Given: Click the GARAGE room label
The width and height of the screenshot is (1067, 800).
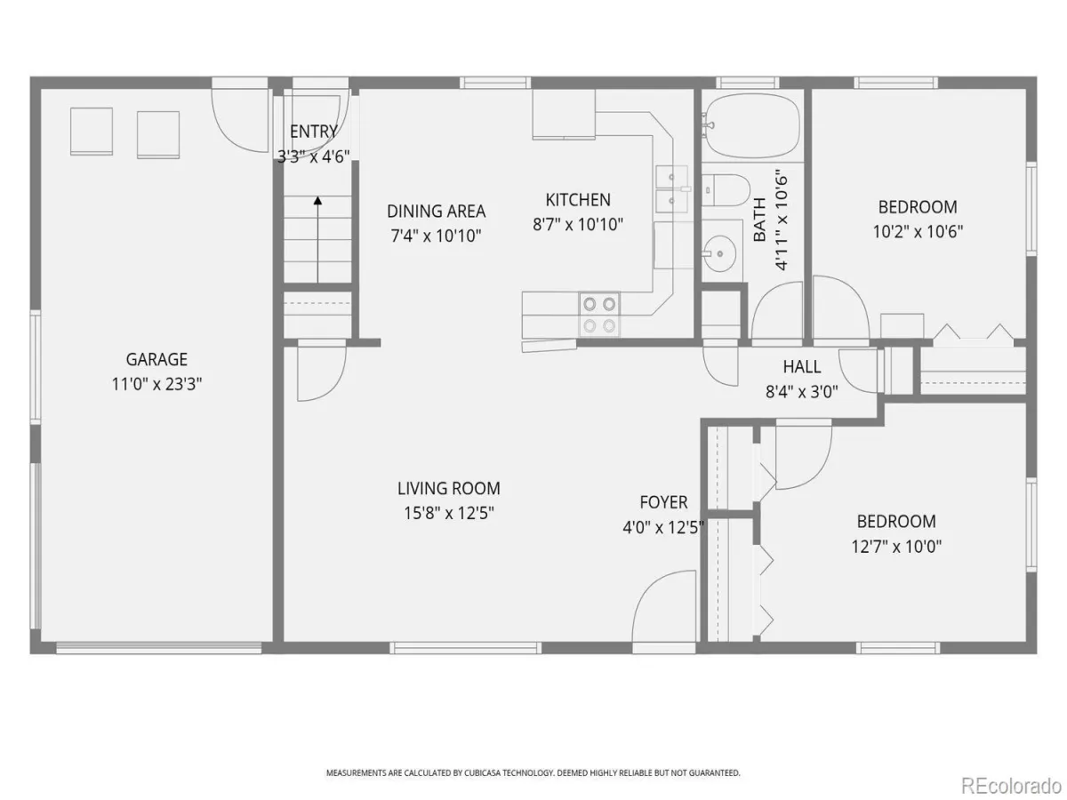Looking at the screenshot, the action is point(156,359).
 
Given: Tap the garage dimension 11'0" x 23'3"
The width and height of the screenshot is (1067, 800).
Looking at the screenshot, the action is point(156,384).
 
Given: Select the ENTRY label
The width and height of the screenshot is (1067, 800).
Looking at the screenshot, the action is point(314,132).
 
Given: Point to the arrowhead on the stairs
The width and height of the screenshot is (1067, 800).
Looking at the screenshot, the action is point(317,200).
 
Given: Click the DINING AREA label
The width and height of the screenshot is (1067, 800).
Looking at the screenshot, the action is point(436,212).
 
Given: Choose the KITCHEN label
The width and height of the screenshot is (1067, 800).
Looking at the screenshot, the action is point(578,200).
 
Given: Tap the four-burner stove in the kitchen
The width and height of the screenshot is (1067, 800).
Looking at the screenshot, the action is point(599,315).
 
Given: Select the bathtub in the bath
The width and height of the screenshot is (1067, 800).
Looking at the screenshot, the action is point(752,127).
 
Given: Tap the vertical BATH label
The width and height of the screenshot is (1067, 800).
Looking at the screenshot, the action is point(759,220).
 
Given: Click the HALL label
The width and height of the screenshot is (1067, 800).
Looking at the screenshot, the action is point(802,366).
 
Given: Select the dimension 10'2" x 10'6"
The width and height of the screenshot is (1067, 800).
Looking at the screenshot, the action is point(918,232).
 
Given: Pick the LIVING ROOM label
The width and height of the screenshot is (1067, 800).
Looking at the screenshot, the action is point(449,488).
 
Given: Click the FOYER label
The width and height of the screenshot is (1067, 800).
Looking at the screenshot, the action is point(663,501).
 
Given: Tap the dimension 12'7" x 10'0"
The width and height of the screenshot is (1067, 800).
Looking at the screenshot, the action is point(896,547).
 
